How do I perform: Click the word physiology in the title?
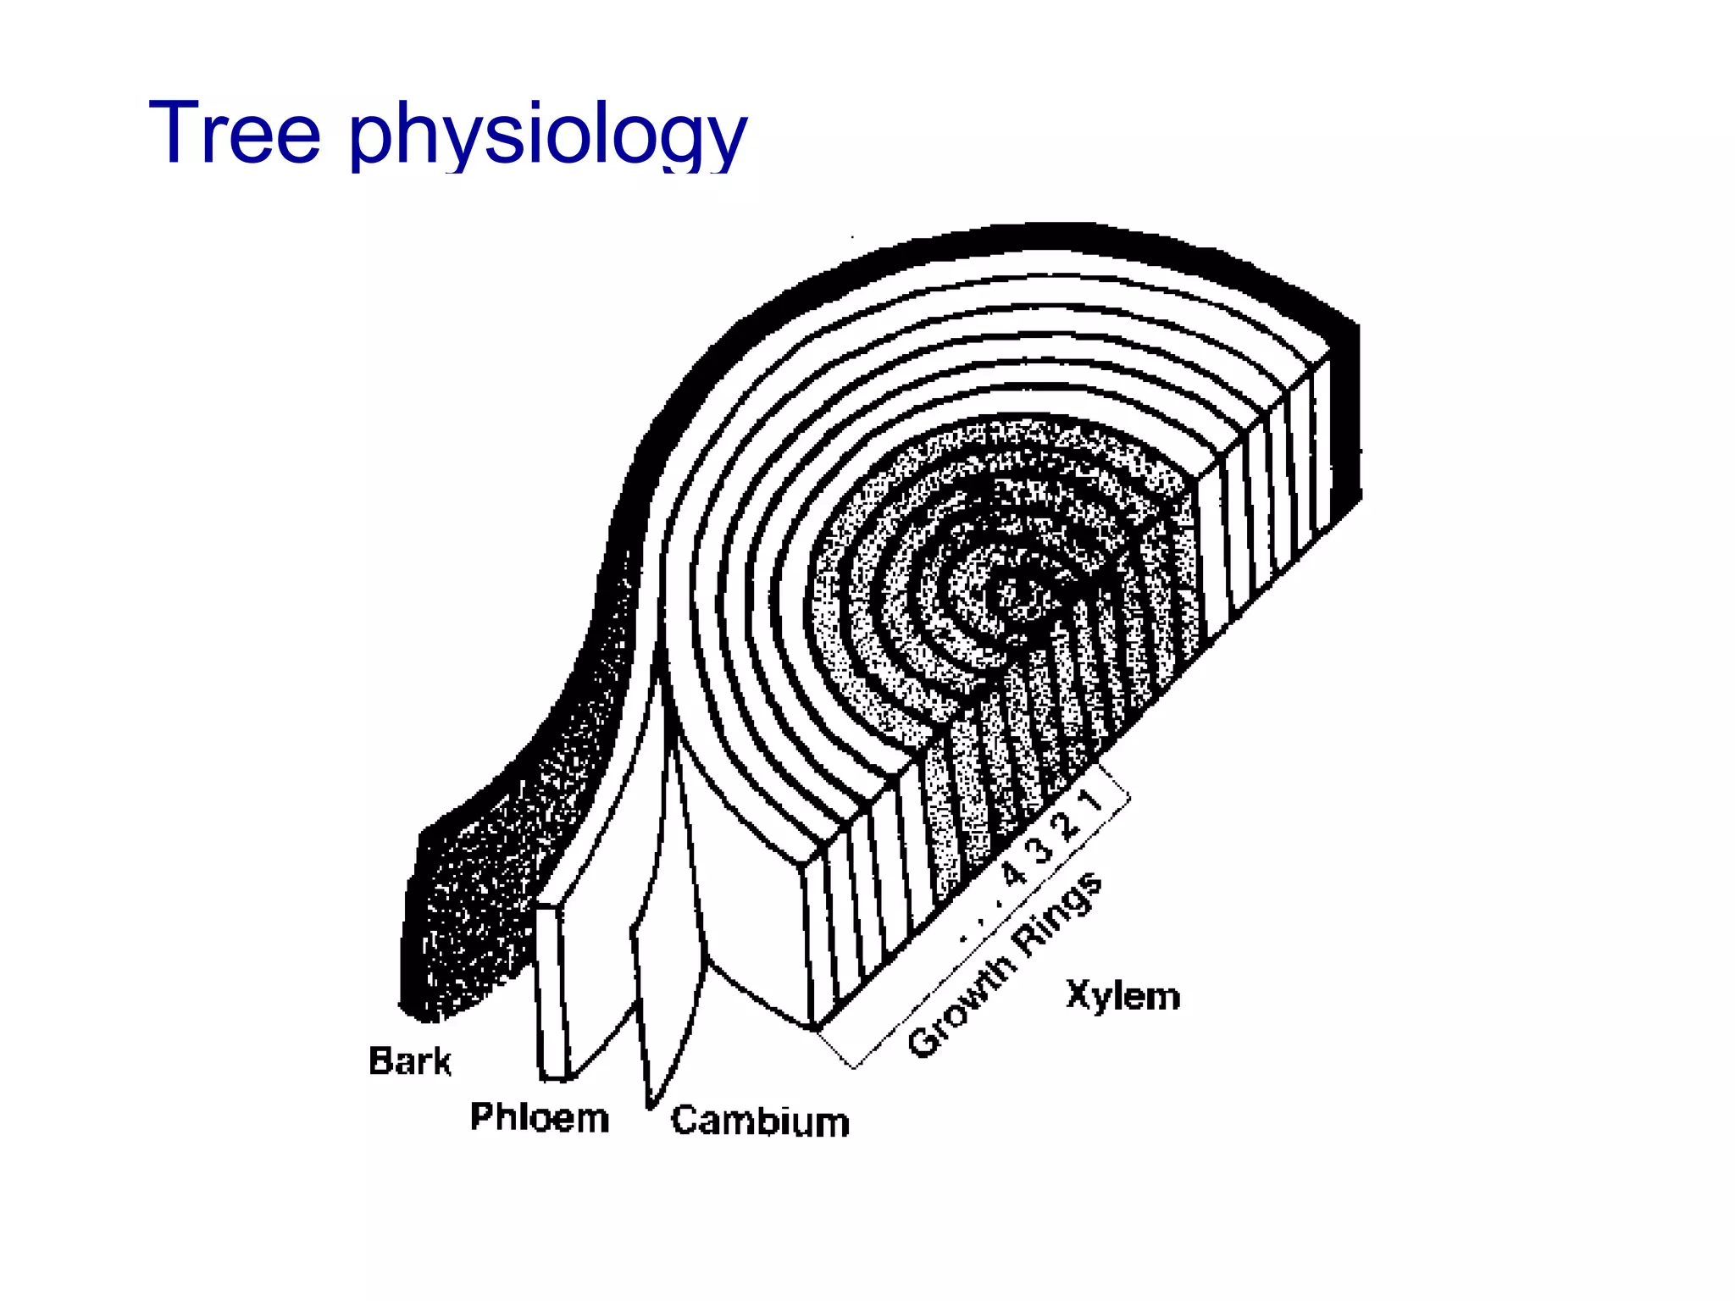[x=548, y=136]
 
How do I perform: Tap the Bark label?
[x=410, y=1060]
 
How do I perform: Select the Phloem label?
[x=540, y=1117]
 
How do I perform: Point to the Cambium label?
[x=760, y=1121]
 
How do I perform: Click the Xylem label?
[x=1123, y=996]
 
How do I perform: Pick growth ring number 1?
[x=1093, y=800]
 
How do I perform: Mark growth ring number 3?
[x=1042, y=848]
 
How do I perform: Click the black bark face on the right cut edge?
[x=1345, y=424]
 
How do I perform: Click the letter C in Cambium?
[x=685, y=1120]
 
